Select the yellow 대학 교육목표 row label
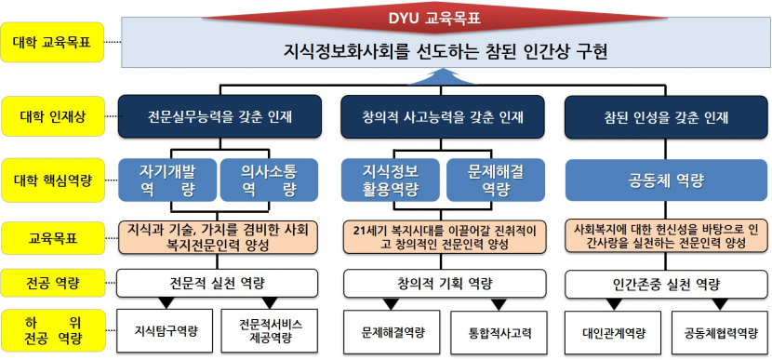click(x=53, y=42)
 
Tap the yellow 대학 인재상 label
click(x=53, y=118)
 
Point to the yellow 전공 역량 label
click(x=53, y=282)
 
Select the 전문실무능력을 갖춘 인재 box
click(x=220, y=118)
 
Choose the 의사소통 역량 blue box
click(x=268, y=179)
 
